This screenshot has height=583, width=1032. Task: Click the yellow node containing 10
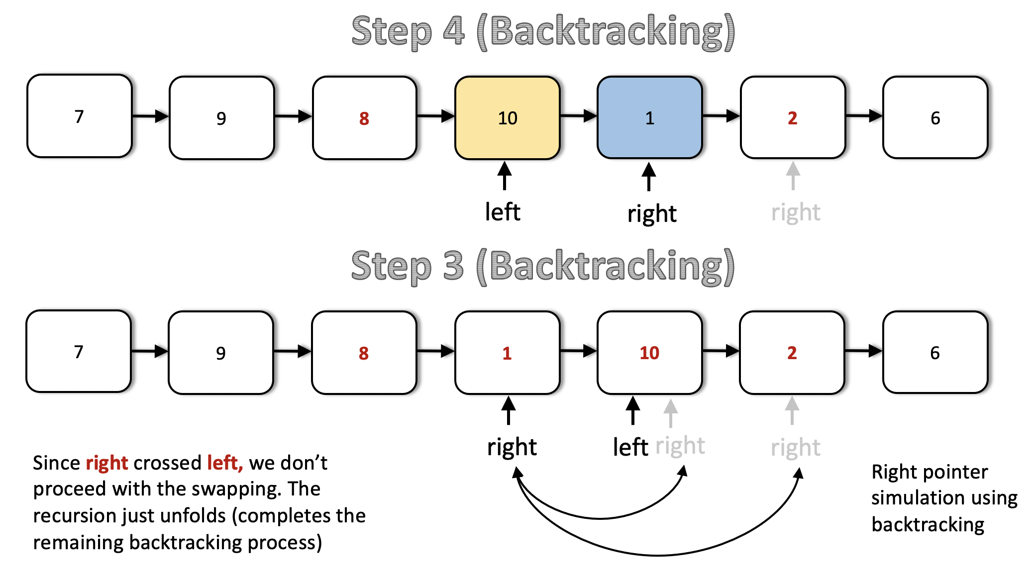pos(508,118)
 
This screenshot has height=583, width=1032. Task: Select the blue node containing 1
pos(650,118)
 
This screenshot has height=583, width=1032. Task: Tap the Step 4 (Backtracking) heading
pos(543,32)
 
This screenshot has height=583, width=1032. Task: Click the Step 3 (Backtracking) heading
pos(543,267)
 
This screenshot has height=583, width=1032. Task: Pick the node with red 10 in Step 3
pos(650,353)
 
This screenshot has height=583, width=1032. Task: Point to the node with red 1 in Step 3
pos(508,353)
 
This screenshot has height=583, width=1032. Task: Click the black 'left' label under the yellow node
pos(503,212)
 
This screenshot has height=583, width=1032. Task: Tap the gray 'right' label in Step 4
pos(796,213)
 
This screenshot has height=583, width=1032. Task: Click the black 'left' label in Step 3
pos(630,447)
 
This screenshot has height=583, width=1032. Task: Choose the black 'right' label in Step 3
pos(512,447)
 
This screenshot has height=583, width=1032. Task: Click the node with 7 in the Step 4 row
pos(80,116)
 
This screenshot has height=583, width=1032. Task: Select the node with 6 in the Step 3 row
pos(935,352)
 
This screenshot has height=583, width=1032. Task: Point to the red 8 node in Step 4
pos(365,118)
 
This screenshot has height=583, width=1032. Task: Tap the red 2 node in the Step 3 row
pos(792,353)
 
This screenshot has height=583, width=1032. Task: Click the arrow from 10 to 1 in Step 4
pos(579,116)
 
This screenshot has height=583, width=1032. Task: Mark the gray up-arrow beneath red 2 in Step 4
pos(793,176)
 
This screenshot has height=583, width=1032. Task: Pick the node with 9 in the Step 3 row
pos(221,353)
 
